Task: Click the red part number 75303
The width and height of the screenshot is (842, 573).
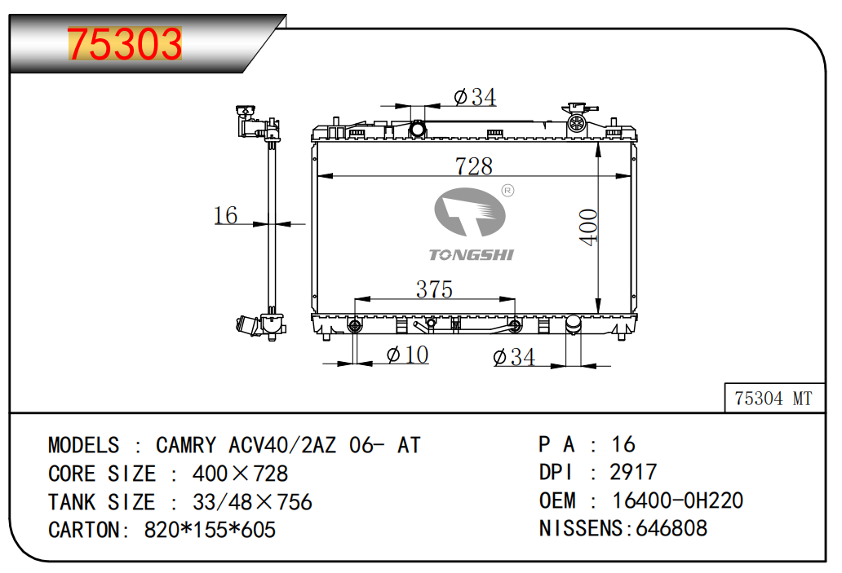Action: pos(125,43)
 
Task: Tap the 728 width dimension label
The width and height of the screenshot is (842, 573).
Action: pos(473,165)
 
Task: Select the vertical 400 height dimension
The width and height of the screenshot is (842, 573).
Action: pos(588,227)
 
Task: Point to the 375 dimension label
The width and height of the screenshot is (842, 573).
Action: pos(434,289)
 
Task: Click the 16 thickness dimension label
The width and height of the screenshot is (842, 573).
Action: pos(225,215)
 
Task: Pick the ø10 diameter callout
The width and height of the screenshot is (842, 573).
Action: pos(408,355)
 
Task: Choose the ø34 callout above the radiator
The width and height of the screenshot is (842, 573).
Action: pos(475,97)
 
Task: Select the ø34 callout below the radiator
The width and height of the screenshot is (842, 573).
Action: pos(514,357)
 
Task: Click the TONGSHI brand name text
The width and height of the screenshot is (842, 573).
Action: pos(471,255)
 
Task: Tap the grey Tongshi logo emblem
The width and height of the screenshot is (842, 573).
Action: pos(470,212)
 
